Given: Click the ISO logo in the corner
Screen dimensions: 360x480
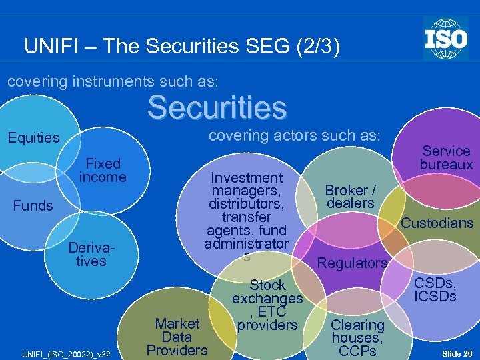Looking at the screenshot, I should click(445, 38).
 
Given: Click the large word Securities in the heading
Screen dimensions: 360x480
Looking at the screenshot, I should click(217, 107).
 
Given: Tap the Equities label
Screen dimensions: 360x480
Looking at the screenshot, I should click(33, 138).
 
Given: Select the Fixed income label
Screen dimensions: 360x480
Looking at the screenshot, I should click(103, 170).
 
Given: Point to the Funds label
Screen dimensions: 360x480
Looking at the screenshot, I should click(33, 205).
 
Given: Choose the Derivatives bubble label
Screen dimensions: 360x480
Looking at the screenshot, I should click(91, 254).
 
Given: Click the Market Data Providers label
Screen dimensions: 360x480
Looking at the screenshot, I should click(177, 337).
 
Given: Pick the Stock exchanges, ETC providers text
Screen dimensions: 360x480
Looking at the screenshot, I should click(267, 305).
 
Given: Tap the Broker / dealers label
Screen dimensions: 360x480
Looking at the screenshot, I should click(350, 197).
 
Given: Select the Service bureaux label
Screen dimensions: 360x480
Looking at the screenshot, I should click(446, 157).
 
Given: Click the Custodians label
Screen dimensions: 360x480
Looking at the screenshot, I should click(437, 223).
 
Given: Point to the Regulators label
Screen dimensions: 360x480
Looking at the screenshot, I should click(352, 263).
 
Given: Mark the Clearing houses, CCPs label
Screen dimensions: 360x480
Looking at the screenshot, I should click(358, 337).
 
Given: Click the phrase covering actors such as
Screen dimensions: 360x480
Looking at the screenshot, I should click(294, 135).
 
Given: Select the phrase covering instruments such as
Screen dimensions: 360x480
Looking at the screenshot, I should click(112, 81).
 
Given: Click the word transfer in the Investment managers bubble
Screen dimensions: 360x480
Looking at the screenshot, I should click(246, 217).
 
